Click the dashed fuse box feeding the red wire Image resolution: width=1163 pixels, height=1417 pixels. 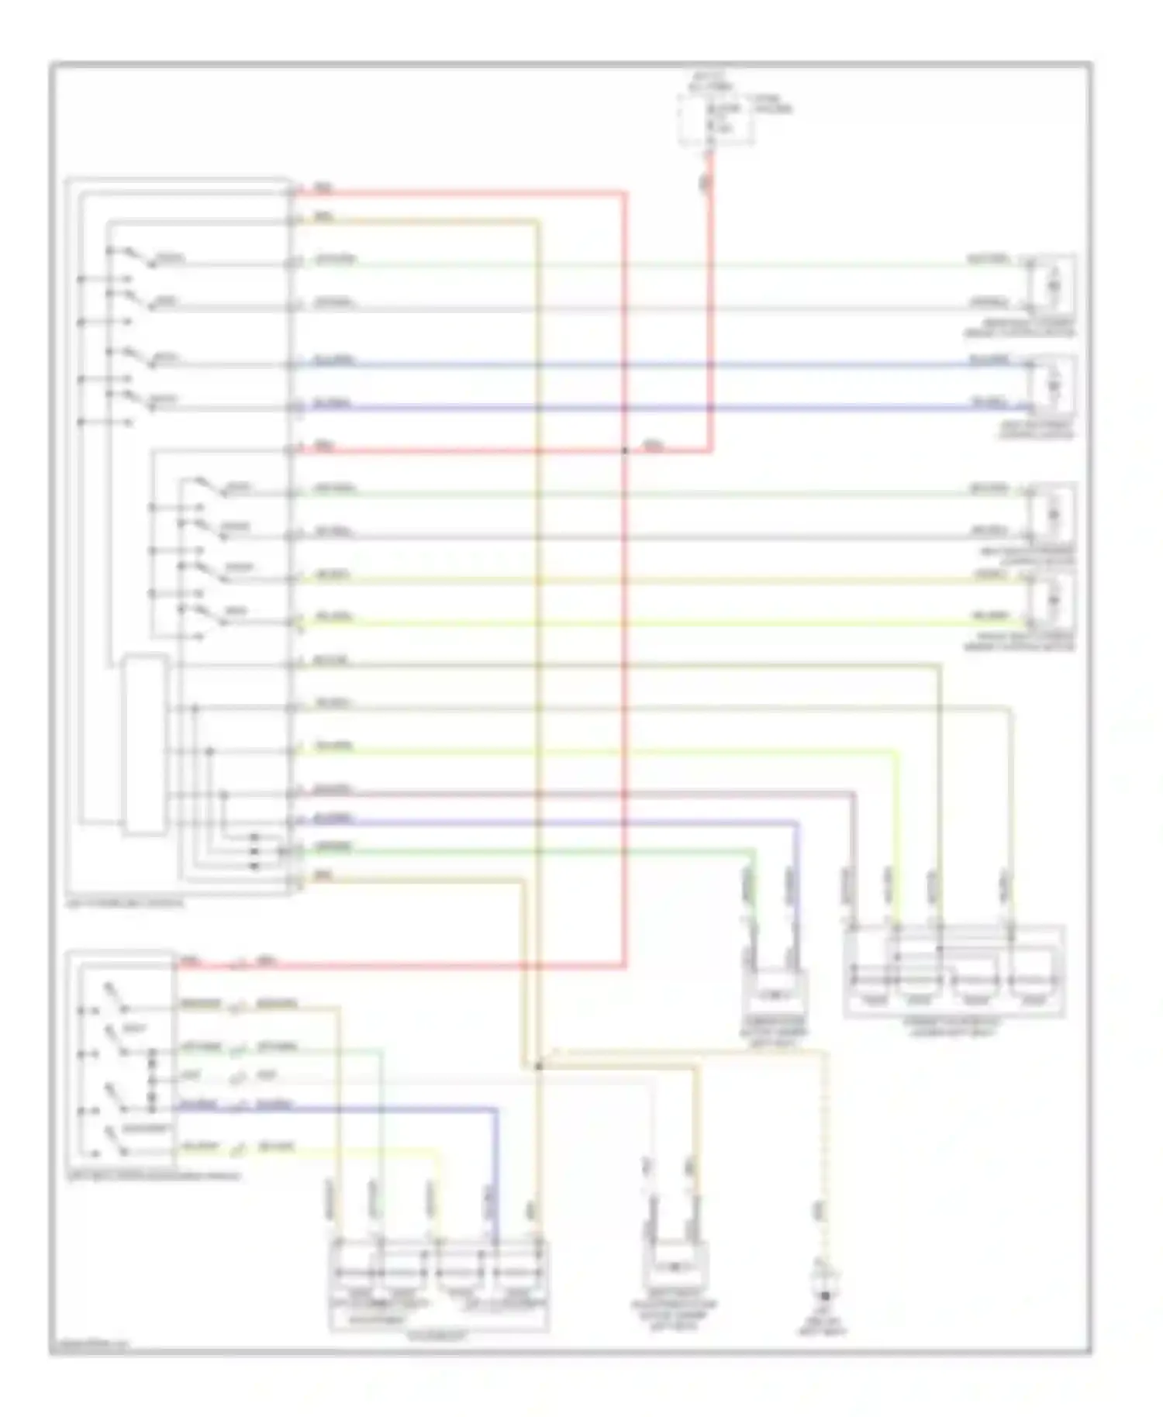tap(715, 121)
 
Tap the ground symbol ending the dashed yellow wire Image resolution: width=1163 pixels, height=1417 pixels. tap(824, 1295)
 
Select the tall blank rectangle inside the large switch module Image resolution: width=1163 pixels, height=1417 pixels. tap(144, 745)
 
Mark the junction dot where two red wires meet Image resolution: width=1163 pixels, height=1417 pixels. tap(625, 449)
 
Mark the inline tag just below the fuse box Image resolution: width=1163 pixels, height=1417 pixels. tap(706, 184)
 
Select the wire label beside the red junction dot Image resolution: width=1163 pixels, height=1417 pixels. tap(653, 446)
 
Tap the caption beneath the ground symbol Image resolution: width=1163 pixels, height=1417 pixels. tap(823, 1327)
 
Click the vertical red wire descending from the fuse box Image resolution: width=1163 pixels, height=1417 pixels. tap(711, 310)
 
